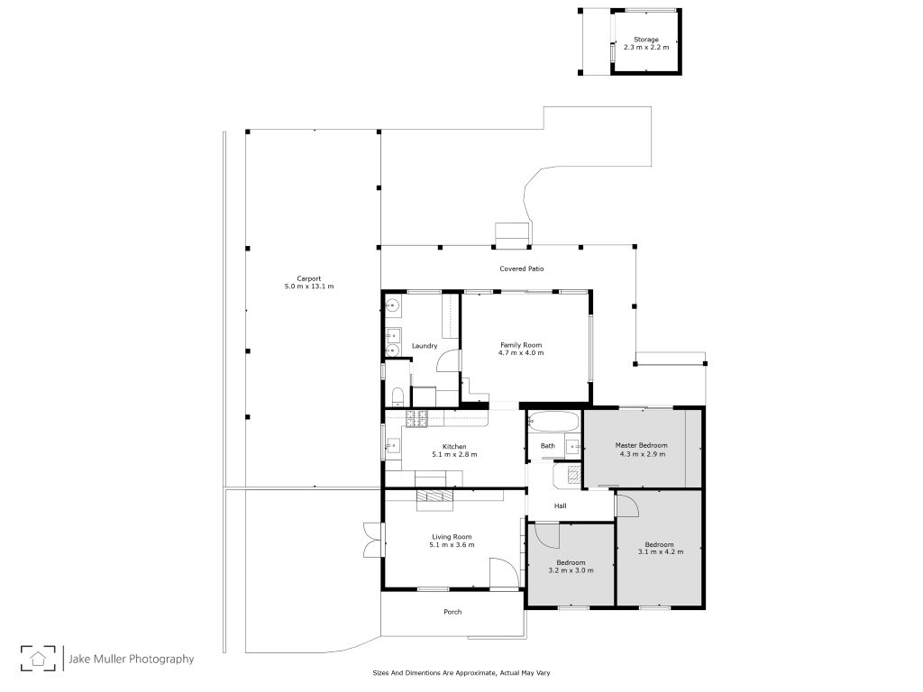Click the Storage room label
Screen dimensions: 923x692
click(645, 40)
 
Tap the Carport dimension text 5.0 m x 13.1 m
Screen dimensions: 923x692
click(309, 287)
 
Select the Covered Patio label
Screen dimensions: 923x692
click(522, 269)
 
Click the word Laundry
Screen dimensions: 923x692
click(425, 346)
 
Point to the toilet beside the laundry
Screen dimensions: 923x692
click(398, 396)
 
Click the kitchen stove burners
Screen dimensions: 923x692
click(416, 418)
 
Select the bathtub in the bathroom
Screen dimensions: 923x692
click(553, 421)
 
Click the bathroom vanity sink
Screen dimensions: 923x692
click(573, 447)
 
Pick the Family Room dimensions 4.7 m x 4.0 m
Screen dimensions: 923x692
click(521, 353)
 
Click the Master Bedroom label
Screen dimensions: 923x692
click(642, 445)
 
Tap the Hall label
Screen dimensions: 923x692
click(561, 506)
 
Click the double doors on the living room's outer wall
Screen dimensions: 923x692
click(372, 541)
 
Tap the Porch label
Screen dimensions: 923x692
click(452, 612)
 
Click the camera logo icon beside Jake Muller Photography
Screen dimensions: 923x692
click(38, 658)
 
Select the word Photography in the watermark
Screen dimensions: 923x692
click(161, 659)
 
